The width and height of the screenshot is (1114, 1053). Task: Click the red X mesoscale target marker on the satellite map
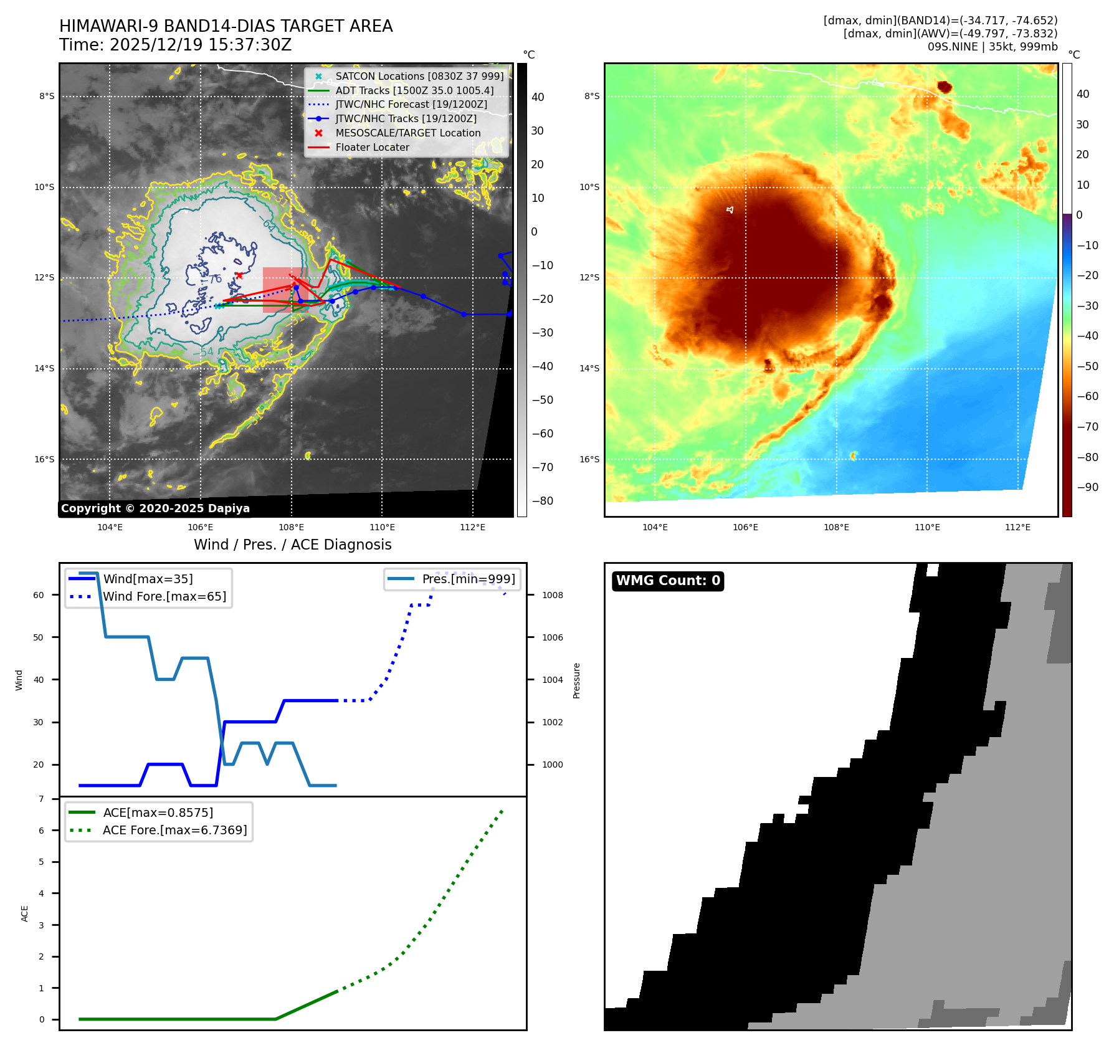click(x=239, y=275)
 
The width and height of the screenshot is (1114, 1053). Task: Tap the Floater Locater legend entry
click(x=372, y=148)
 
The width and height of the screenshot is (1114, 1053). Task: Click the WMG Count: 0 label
click(x=668, y=581)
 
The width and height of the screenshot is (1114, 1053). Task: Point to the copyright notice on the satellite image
click(x=155, y=508)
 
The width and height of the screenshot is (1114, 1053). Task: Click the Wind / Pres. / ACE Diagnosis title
click(x=292, y=545)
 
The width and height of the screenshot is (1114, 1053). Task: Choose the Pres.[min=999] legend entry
click(x=468, y=579)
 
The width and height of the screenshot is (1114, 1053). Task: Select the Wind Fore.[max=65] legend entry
click(x=164, y=597)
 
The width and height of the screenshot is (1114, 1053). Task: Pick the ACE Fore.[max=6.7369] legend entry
click(x=174, y=831)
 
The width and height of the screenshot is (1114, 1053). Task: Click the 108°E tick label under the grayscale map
click(x=291, y=528)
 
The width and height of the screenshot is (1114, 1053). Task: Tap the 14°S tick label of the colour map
click(x=589, y=369)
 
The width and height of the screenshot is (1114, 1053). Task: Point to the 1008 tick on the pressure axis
click(x=552, y=596)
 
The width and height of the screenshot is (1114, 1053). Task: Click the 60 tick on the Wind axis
click(x=39, y=596)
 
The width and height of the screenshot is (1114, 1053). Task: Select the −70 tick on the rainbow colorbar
click(x=1087, y=427)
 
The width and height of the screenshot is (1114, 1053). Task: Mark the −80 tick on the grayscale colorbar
click(x=542, y=501)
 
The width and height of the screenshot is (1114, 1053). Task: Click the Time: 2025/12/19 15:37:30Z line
click(x=175, y=45)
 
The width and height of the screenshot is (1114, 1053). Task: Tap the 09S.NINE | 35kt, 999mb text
click(x=992, y=47)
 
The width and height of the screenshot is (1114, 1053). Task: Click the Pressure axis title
click(x=577, y=680)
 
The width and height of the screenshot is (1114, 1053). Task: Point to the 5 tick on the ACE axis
click(x=42, y=862)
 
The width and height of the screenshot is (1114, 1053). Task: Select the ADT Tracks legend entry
click(x=414, y=90)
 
